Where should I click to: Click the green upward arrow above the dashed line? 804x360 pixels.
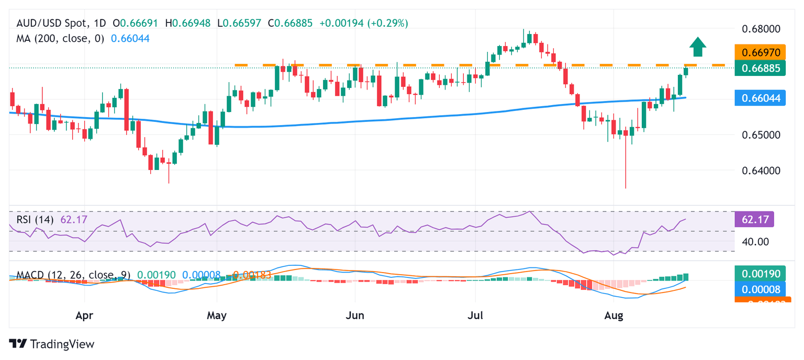click(697, 47)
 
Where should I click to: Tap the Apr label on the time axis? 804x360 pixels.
click(84, 316)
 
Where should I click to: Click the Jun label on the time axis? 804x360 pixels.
click(355, 316)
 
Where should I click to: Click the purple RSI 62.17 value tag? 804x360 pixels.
click(754, 220)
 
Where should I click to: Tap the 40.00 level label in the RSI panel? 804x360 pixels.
click(754, 242)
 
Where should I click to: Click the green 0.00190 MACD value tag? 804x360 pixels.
click(760, 274)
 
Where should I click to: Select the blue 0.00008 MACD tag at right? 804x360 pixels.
click(760, 289)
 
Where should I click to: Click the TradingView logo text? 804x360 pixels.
click(52, 344)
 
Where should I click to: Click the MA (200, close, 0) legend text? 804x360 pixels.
click(60, 38)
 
